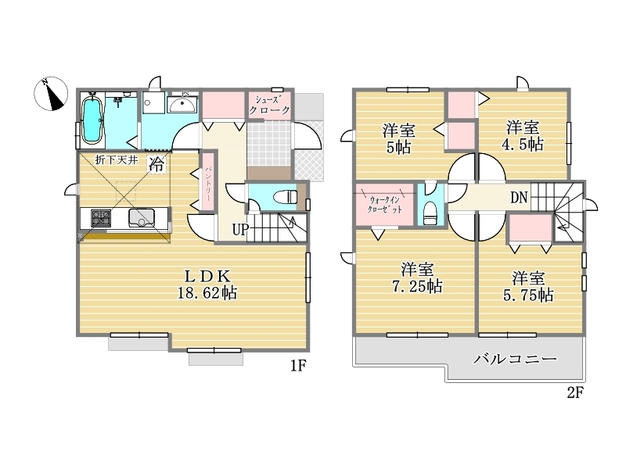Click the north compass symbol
[x=51, y=94]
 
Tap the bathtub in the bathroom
[x=92, y=119]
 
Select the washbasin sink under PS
[x=183, y=105]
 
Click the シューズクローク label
[x=269, y=105]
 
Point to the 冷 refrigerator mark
[x=156, y=163]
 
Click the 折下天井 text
[x=116, y=160]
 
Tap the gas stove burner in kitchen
[x=101, y=218]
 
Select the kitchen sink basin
[x=142, y=218]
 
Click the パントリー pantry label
[x=208, y=184]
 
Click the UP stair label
[x=241, y=230]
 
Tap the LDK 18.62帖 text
[x=207, y=285]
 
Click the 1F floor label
[x=298, y=365]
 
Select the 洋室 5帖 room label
[x=399, y=139]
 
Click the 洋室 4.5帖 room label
[x=522, y=136]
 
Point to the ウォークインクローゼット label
[x=385, y=205]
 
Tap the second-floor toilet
[x=430, y=213]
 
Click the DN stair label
[x=519, y=198]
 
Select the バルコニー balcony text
[x=515, y=360]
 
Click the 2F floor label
[x=575, y=393]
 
